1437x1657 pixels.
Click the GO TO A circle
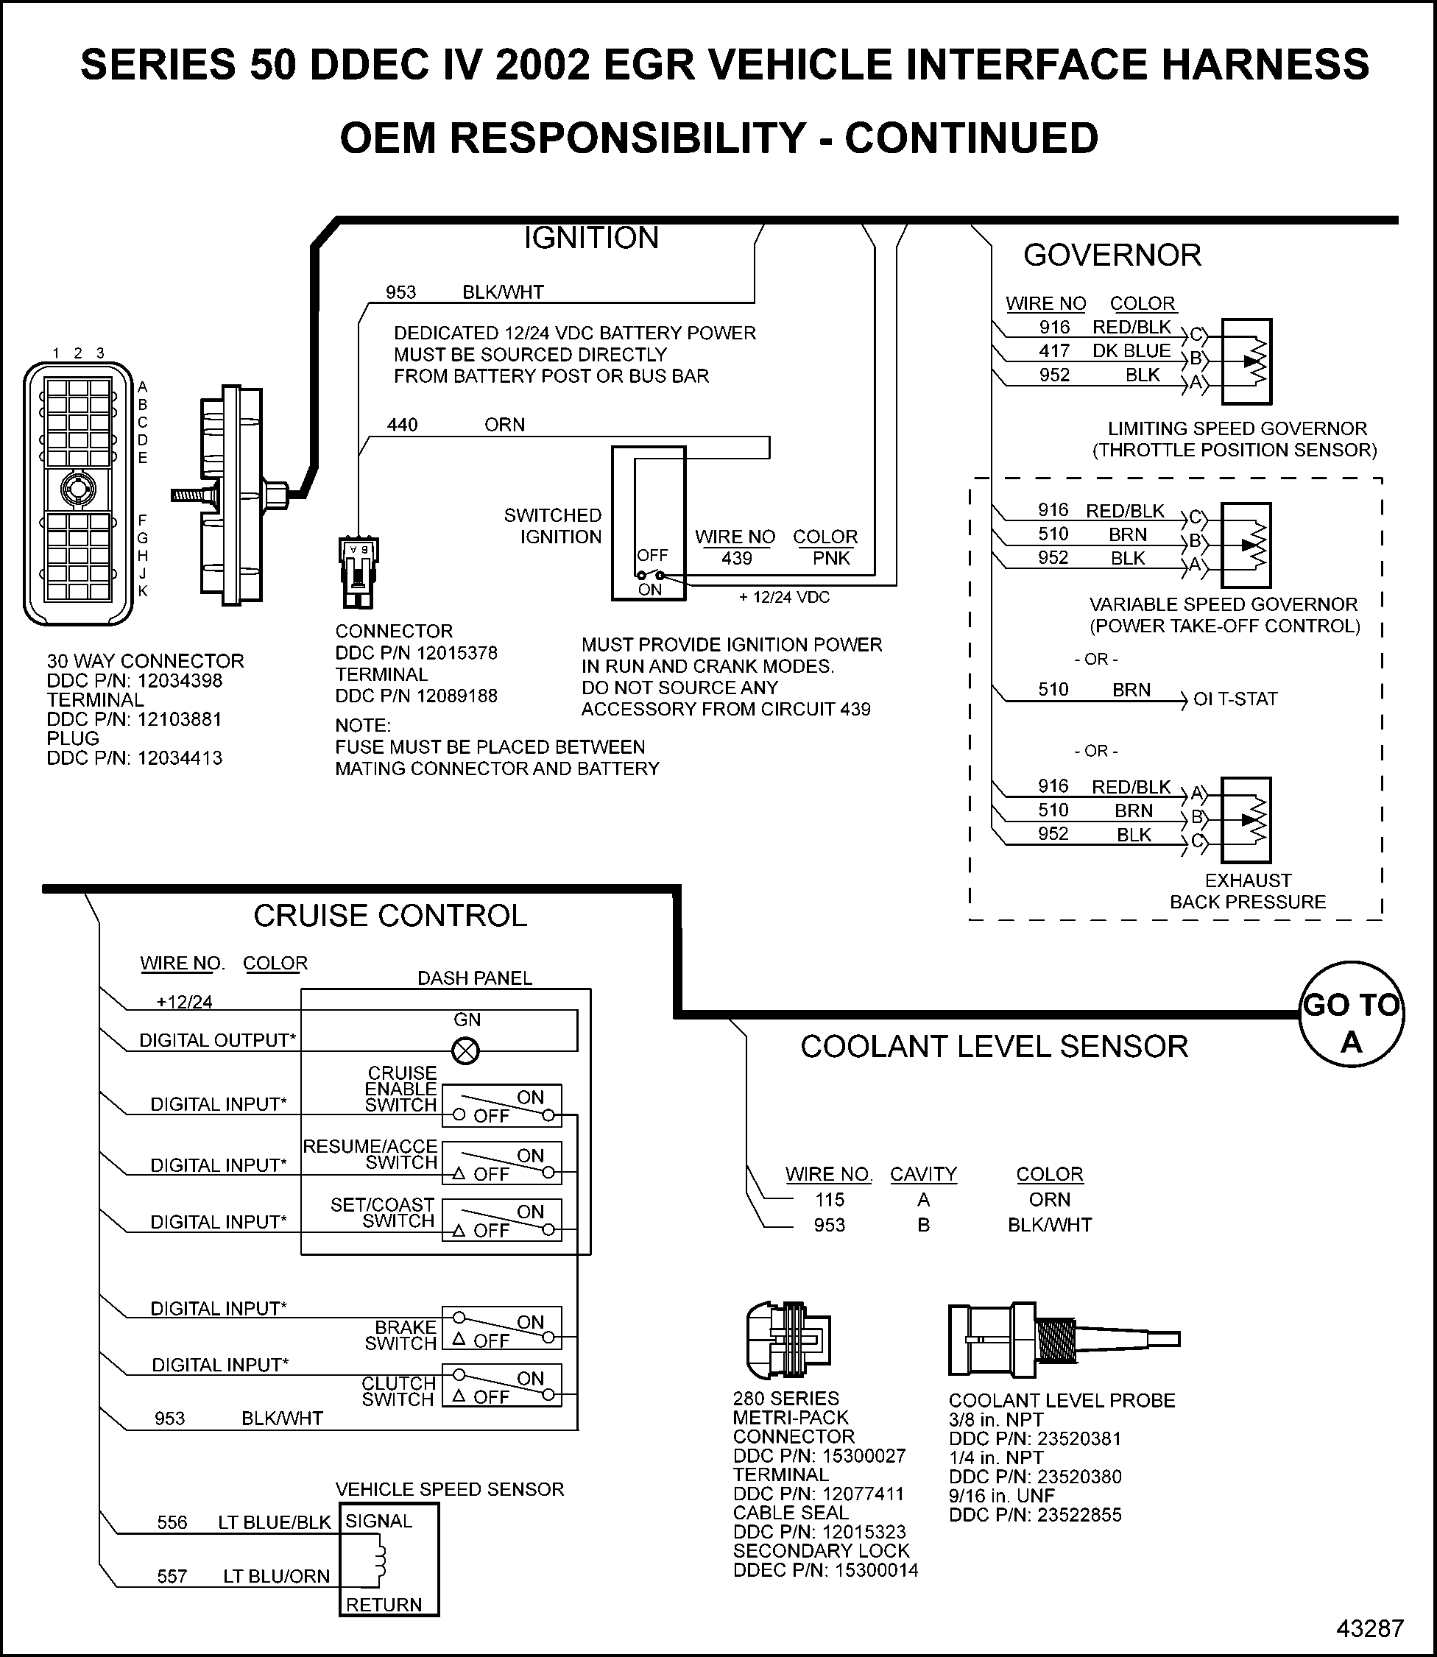[x=1351, y=1014]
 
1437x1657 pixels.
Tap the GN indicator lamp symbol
[x=466, y=1050]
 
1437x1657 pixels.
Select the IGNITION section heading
[x=591, y=238]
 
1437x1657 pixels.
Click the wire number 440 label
[x=403, y=425]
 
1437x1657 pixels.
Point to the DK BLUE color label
[x=1131, y=351]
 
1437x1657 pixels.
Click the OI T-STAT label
[x=1235, y=699]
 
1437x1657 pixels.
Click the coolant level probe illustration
[x=1062, y=1340]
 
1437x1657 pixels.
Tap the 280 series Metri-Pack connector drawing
[x=788, y=1340]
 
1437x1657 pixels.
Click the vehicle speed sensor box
[x=389, y=1559]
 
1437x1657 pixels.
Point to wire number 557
[x=172, y=1576]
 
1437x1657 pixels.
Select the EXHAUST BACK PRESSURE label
[x=1248, y=891]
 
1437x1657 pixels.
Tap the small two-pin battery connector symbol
[x=358, y=571]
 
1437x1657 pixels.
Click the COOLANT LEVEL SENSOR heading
[x=994, y=1046]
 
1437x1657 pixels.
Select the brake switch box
[x=502, y=1329]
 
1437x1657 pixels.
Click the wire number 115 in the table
[x=830, y=1199]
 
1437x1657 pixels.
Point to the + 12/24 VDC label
[x=784, y=597]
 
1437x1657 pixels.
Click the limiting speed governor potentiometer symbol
[x=1246, y=361]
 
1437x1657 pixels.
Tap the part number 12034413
[x=180, y=757]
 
